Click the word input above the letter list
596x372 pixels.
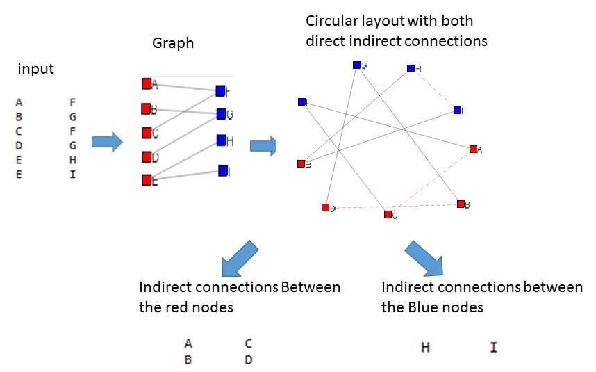pos(36,70)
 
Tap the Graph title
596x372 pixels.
pos(173,44)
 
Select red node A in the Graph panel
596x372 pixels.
pos(147,83)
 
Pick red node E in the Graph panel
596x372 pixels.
pos(147,180)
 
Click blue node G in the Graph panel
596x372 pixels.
pos(221,114)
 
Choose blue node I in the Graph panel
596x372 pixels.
pos(223,170)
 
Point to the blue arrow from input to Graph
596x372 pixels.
pos(107,143)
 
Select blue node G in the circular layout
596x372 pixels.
pos(356,65)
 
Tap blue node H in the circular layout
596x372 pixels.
pos(411,68)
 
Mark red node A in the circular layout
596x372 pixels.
pos(472,149)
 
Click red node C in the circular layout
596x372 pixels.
pos(388,214)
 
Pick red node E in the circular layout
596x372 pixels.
pos(301,164)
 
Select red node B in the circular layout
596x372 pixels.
pos(460,204)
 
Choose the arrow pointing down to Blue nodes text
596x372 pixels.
pos(424,258)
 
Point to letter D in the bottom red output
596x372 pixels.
pos(248,360)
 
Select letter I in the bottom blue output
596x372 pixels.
pos(494,347)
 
